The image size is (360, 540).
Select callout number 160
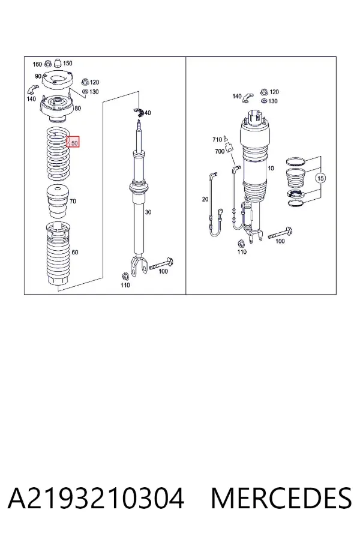point(37,64)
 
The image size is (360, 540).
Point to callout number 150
point(68,63)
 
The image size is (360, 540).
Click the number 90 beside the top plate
point(38,76)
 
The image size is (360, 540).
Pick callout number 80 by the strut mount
point(77,108)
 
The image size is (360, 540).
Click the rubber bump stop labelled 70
point(58,202)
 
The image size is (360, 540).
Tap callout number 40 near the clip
point(148,113)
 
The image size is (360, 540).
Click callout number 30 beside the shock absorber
point(148,212)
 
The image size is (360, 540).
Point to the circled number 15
point(320,178)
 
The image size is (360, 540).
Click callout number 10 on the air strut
point(271,168)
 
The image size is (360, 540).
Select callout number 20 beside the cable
point(205,199)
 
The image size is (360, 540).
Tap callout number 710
point(217,139)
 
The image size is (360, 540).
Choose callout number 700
point(220,151)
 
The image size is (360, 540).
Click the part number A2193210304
point(96,499)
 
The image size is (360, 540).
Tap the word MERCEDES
point(281,499)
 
